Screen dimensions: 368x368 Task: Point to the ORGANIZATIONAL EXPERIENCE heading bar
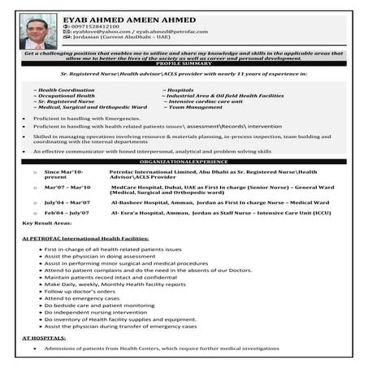[x=184, y=162]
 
